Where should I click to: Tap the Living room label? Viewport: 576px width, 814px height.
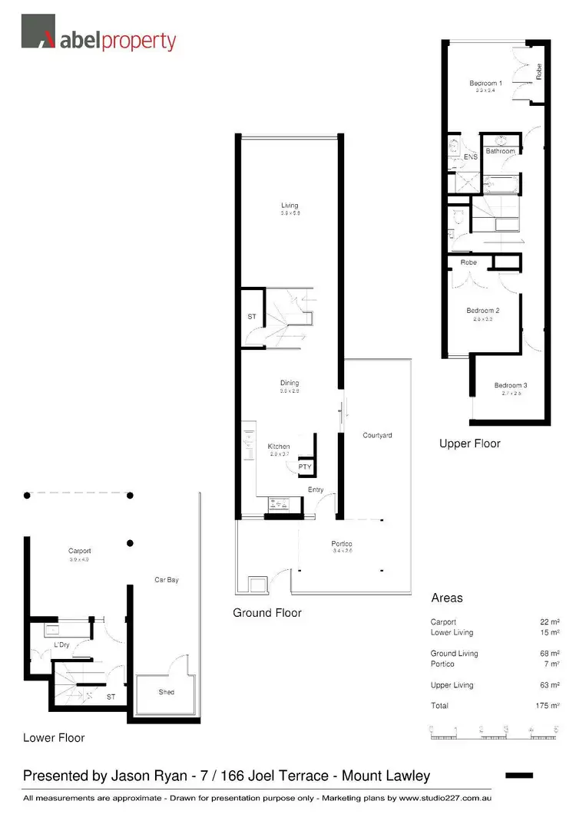tap(290, 205)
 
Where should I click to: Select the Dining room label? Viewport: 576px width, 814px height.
tap(290, 383)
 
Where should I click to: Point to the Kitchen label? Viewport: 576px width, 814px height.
tap(278, 447)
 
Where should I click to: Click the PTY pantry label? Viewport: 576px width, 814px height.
tap(304, 466)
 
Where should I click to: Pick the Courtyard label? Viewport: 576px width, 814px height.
tap(377, 435)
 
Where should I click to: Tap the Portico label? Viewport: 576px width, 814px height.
tap(343, 543)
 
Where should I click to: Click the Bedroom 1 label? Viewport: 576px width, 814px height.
tap(485, 83)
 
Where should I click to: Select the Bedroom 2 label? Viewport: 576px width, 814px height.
tap(483, 311)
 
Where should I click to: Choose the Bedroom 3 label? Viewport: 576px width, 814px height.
tap(510, 385)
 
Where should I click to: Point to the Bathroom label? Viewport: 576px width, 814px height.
tap(500, 151)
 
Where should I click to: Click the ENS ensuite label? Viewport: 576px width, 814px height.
tap(471, 157)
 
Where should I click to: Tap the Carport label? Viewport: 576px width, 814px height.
tap(79, 551)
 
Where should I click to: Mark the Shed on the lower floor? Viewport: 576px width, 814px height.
tap(167, 691)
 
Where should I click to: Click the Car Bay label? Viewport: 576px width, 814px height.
tap(167, 579)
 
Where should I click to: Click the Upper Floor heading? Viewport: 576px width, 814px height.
tap(469, 443)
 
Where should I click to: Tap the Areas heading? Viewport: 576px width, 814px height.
tap(446, 598)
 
